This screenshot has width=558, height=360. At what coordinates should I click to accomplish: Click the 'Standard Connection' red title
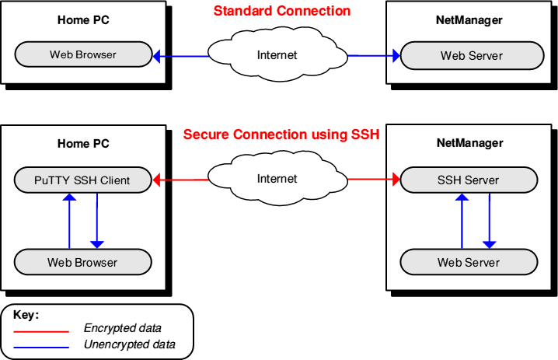tap(282, 11)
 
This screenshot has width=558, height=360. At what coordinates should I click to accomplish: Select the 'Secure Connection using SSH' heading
tap(281, 135)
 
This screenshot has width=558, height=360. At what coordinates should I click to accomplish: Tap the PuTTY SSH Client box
tap(83, 180)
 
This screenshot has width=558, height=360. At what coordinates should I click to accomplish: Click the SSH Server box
tap(469, 180)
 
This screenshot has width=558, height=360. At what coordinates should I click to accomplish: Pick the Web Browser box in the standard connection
tap(83, 54)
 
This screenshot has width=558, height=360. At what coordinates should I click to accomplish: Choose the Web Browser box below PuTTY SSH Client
tap(83, 262)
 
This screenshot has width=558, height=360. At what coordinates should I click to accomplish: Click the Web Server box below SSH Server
tap(469, 262)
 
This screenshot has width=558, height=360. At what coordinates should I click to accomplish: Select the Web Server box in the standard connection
tap(472, 55)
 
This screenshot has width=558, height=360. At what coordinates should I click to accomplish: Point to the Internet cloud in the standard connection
tap(277, 54)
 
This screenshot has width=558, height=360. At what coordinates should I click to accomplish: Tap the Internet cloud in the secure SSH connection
tap(277, 178)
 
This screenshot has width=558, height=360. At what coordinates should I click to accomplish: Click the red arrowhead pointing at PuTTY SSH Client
tap(156, 180)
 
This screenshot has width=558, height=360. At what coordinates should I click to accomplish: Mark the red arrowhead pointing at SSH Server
tap(396, 179)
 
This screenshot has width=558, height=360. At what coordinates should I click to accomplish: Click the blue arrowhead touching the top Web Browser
tap(156, 56)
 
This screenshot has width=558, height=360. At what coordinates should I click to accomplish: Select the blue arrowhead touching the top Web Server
tap(396, 55)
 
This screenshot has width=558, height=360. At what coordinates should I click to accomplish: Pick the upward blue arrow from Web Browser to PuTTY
tap(69, 221)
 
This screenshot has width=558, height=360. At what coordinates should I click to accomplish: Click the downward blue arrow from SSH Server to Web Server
tap(490, 221)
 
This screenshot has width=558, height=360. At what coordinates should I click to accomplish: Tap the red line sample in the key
tap(41, 332)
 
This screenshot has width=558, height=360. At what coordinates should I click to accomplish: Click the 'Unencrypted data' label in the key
tap(130, 344)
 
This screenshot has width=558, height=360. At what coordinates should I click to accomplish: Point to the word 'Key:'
tap(26, 315)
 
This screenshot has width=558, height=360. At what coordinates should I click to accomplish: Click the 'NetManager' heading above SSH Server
tap(469, 143)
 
